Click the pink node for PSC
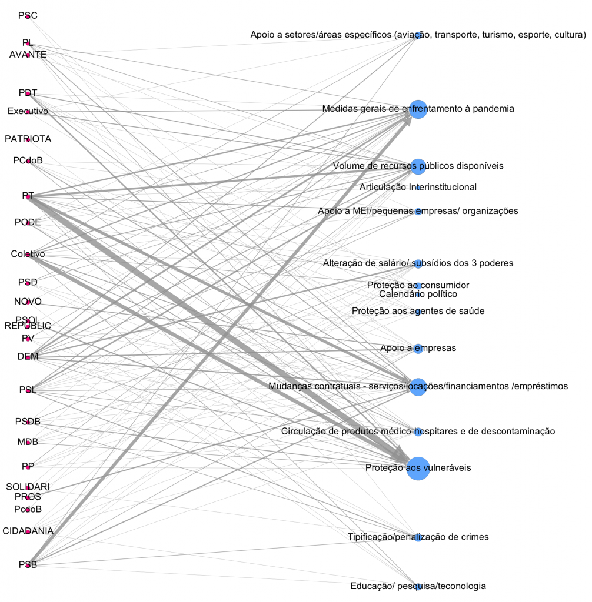[28, 16]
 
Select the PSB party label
[28, 565]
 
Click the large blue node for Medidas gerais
[418, 109]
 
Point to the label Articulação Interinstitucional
[418, 188]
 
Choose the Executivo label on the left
[28, 111]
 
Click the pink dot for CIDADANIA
[28, 531]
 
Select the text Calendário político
[418, 294]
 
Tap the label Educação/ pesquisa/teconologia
[418, 586]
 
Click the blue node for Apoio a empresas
[418, 349]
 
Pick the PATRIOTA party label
[28, 139]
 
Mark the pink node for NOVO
[28, 302]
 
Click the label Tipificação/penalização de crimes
[418, 537]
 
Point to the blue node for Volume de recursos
[418, 166]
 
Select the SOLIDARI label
[28, 487]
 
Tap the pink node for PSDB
[28, 422]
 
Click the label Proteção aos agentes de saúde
[418, 311]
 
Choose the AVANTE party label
[28, 55]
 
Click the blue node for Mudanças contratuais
[418, 387]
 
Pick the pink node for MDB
[28, 442]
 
